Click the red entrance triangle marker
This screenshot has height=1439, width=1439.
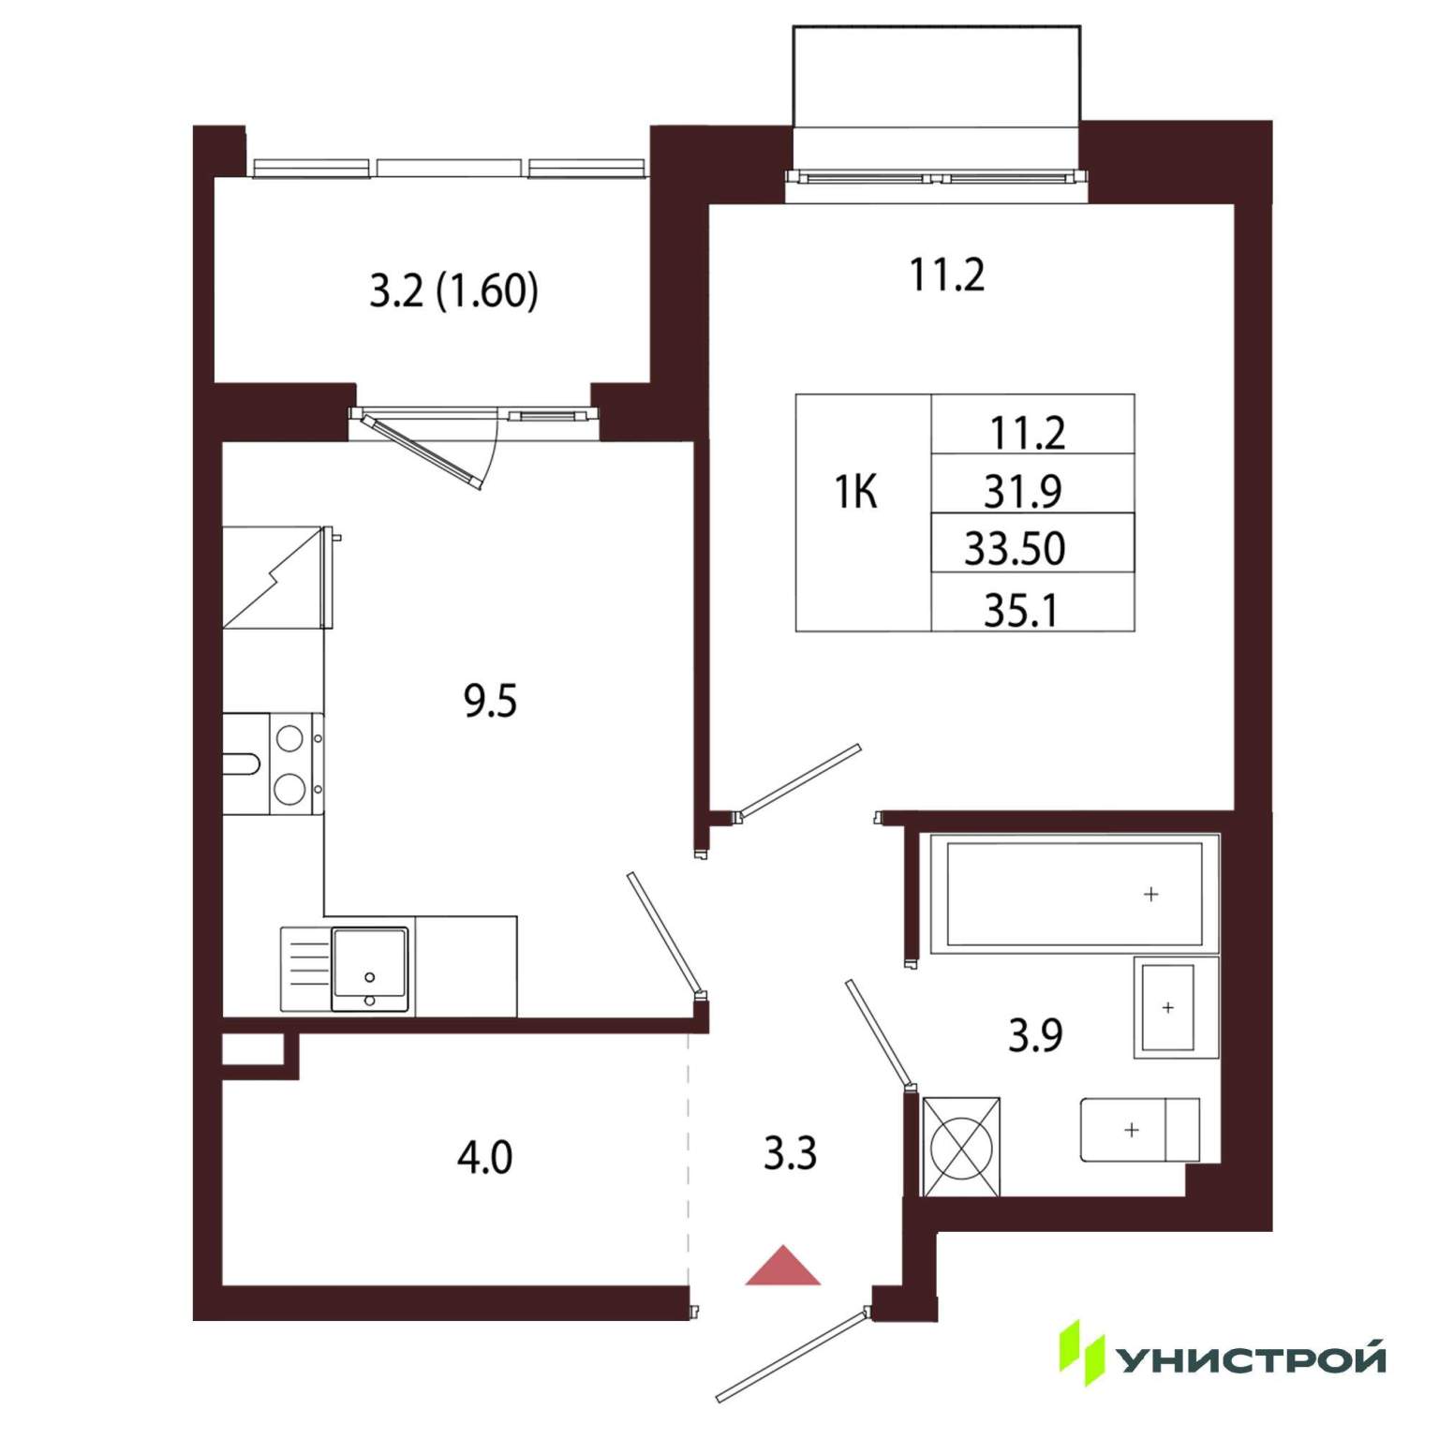click(783, 1268)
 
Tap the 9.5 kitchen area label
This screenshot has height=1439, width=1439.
click(490, 701)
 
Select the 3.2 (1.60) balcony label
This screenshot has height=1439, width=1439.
click(453, 290)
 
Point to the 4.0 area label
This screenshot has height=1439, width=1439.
click(484, 1158)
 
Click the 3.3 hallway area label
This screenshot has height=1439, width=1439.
click(790, 1153)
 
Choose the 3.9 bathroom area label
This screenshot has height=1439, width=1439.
click(1035, 1035)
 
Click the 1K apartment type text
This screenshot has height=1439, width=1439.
click(855, 492)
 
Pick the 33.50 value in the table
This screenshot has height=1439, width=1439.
click(1015, 549)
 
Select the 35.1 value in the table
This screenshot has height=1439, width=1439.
click(1020, 610)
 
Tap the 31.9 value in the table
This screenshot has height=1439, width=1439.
click(1022, 491)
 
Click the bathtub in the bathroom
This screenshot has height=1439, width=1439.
click(1075, 894)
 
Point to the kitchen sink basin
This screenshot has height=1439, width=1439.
click(369, 969)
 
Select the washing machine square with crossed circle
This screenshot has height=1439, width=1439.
click(961, 1147)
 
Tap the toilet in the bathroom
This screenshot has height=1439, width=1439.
click(1140, 1130)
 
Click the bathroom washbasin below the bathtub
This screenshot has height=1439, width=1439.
click(1176, 1007)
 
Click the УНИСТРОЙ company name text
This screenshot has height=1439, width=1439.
click(1253, 1358)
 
